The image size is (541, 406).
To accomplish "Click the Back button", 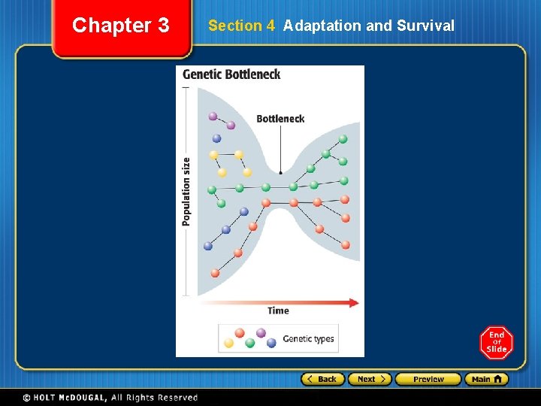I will (x=323, y=379).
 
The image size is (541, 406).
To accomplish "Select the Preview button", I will (x=428, y=379).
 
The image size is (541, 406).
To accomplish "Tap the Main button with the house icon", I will (x=486, y=379).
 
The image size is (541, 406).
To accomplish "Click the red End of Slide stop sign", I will (x=497, y=342).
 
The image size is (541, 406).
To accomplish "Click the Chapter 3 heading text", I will (x=121, y=26).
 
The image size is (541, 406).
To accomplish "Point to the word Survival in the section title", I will (x=425, y=26).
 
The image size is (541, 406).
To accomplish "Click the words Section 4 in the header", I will (x=241, y=26).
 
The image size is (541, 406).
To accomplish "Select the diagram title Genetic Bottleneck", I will (x=231, y=74).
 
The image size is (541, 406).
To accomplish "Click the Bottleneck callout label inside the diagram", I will (x=280, y=118).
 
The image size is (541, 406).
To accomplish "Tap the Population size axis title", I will (x=186, y=191).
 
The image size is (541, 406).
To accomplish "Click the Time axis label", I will (x=278, y=311).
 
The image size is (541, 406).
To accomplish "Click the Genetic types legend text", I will (x=308, y=339).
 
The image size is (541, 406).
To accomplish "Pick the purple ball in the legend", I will (x=261, y=332).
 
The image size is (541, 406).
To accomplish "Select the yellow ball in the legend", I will (x=229, y=343).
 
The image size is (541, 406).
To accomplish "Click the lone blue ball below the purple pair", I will (x=216, y=138).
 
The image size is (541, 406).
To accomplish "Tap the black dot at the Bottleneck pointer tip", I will (x=281, y=173).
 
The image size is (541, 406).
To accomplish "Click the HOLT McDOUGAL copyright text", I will (x=109, y=397).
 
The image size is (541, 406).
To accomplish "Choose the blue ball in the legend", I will (x=271, y=343).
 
